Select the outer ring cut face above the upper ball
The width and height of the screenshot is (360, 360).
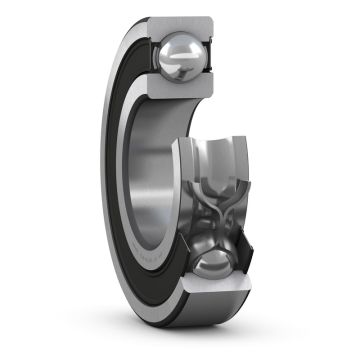point(184,23)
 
